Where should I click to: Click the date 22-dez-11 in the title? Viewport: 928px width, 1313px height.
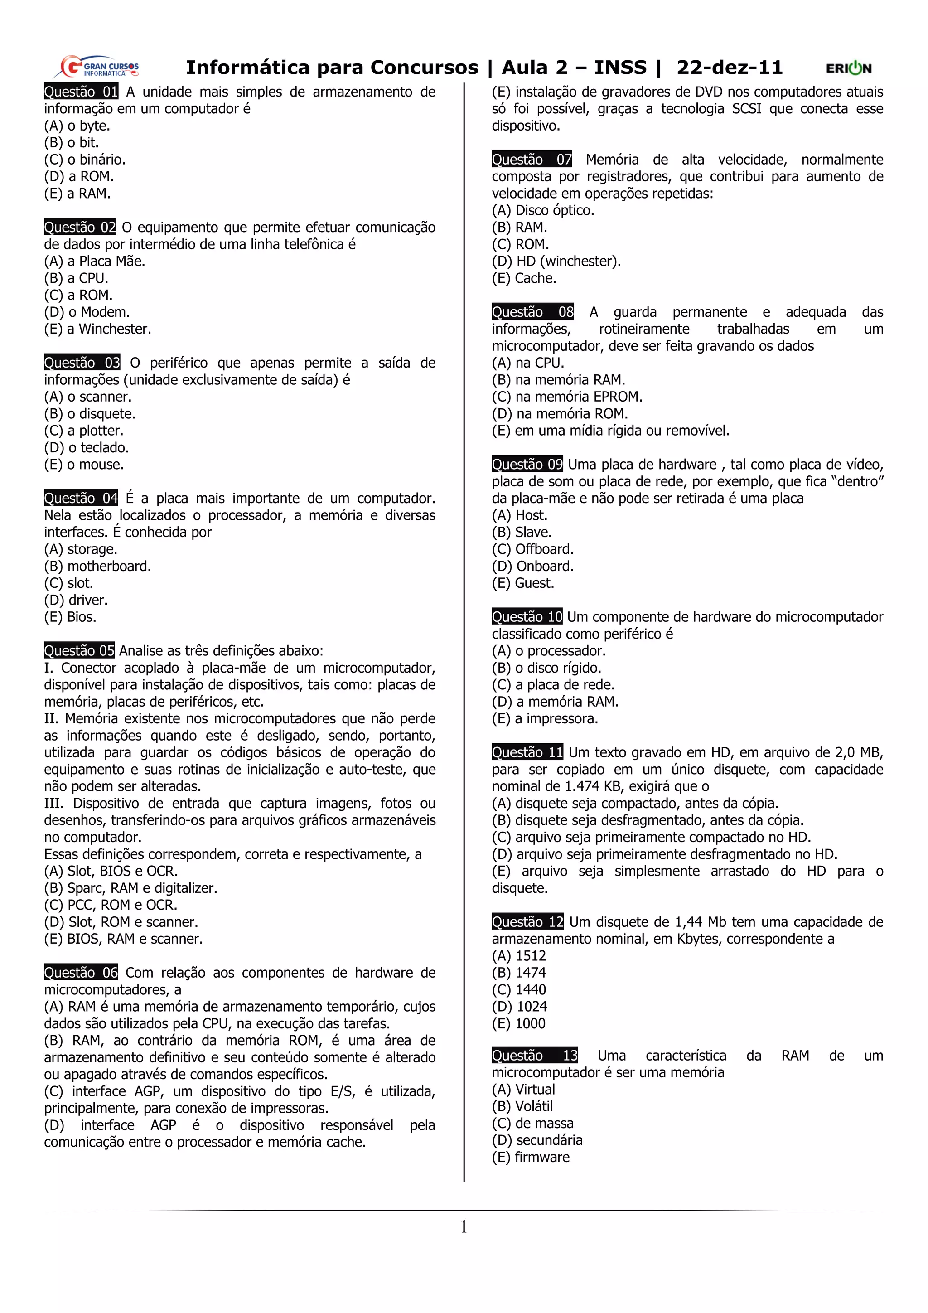coord(729,68)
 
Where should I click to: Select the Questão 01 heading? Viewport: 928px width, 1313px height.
coord(81,92)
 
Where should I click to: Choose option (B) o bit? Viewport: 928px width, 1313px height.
coord(72,142)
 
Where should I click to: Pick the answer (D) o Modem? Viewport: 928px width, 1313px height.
coord(87,312)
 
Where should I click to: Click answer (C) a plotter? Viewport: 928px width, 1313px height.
coord(83,431)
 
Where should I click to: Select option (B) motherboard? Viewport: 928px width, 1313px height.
coord(97,566)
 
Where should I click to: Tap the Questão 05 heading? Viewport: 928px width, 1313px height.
coord(79,651)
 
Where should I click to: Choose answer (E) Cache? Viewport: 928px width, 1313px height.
coord(524,278)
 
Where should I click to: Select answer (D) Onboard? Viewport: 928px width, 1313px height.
coord(532,566)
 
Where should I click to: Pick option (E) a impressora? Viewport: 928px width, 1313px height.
coord(545,719)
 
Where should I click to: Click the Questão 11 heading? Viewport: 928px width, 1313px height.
coord(527,752)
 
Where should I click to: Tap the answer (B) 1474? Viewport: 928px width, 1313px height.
coord(519,973)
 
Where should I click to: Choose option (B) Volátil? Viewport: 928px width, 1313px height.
coord(522,1107)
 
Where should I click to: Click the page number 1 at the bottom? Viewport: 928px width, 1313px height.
coord(464,1226)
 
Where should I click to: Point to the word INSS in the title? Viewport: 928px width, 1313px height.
coord(620,68)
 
